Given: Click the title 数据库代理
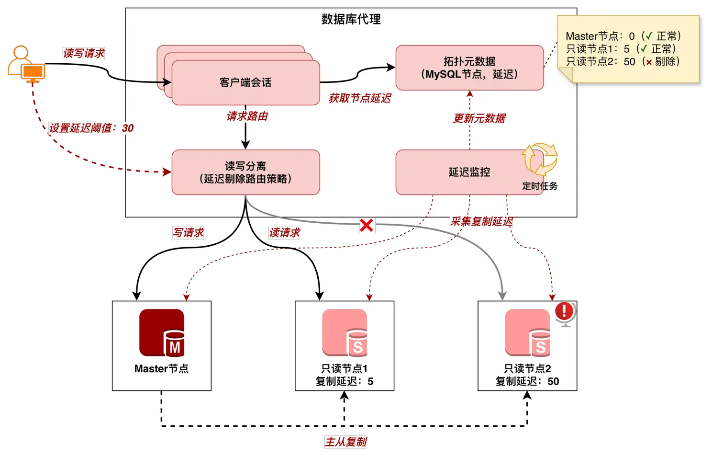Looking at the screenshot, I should (x=351, y=20).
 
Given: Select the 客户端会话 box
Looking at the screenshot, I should (x=245, y=82).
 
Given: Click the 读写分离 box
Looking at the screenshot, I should (x=245, y=172).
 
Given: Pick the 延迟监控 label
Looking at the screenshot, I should (x=469, y=172).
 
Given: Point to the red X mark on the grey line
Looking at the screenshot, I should (x=367, y=226).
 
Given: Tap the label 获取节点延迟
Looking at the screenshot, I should (x=360, y=98).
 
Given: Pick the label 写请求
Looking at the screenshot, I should (x=188, y=233).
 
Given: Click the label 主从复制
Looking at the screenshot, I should (x=345, y=442).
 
